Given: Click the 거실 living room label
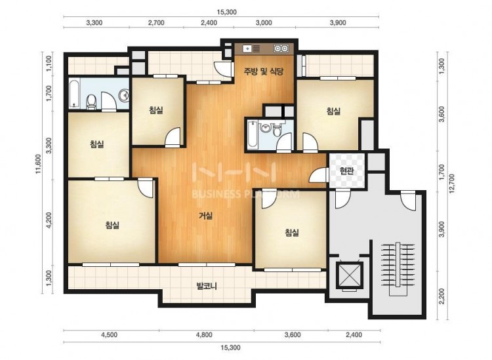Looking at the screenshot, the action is [x=206, y=216].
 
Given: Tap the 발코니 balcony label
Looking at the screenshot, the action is [x=207, y=286].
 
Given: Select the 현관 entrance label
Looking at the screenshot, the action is [x=347, y=171].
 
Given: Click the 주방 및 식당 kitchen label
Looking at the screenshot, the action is [x=264, y=71].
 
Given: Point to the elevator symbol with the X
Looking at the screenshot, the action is [x=349, y=275].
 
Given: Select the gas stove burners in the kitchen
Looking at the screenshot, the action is [x=281, y=49].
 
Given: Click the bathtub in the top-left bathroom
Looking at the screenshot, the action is [x=74, y=94].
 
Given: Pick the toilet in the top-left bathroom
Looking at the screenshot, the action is [x=91, y=101].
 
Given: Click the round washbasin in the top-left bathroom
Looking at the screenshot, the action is [x=123, y=95].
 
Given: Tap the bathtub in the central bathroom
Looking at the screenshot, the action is [x=253, y=135].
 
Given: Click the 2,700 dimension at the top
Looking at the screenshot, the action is [x=156, y=22].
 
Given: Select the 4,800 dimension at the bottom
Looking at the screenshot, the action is [x=204, y=334].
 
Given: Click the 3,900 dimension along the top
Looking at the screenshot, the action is [x=338, y=22].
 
